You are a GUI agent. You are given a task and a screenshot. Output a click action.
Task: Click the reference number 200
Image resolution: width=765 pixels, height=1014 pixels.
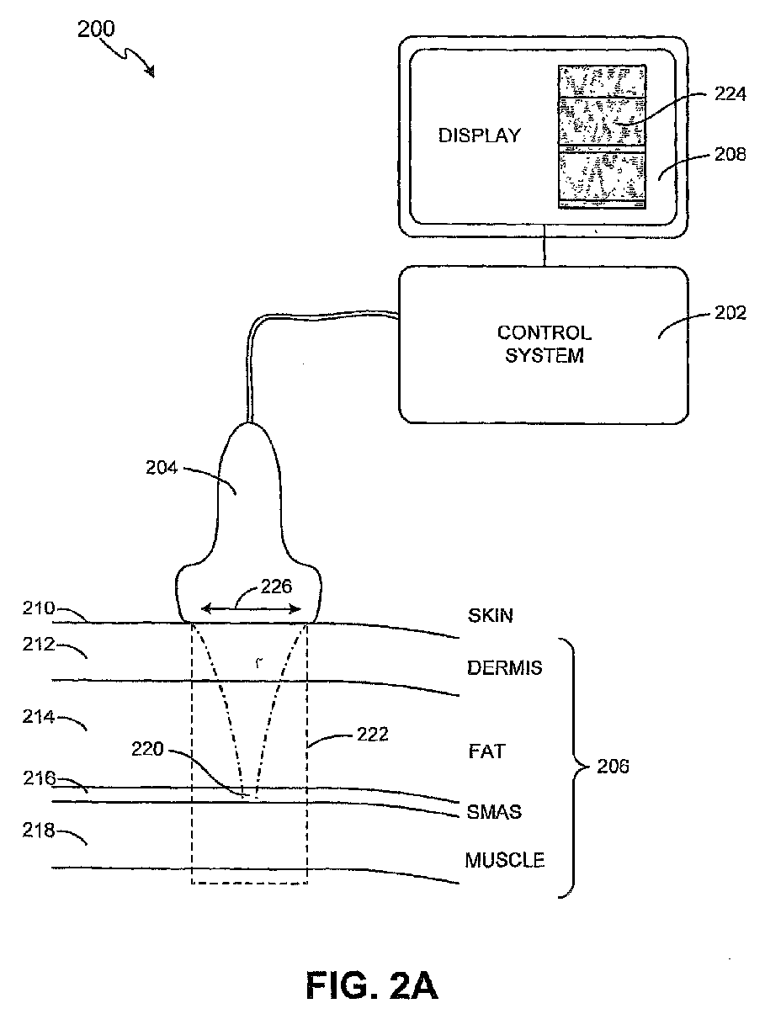96,29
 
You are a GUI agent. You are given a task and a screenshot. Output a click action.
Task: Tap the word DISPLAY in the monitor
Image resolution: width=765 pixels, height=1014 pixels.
480,135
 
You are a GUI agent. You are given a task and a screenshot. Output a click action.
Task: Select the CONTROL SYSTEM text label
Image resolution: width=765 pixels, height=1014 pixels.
545,345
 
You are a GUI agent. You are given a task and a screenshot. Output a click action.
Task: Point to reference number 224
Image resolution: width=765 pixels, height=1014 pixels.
730,93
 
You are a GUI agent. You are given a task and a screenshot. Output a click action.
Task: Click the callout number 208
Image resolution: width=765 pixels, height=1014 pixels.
730,154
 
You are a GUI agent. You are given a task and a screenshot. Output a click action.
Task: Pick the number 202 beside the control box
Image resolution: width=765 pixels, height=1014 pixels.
730,313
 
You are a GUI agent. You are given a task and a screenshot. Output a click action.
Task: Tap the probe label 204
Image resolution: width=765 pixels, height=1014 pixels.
162,468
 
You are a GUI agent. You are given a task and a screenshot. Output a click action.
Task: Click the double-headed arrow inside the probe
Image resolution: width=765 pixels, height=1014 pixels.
251,609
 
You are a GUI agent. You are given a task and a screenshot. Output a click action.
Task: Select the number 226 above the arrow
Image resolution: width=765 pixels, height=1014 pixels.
276,587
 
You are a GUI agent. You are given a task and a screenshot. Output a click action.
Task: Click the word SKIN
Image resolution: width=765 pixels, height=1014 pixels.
490,616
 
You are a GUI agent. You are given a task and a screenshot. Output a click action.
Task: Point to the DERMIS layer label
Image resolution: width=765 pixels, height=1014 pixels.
504,668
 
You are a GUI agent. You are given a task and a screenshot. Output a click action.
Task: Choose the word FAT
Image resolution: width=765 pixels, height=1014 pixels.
487,751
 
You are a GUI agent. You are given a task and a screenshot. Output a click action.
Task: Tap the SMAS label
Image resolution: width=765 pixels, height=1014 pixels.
494,812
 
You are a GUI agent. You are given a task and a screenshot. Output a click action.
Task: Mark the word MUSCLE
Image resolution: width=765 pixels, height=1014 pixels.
504,860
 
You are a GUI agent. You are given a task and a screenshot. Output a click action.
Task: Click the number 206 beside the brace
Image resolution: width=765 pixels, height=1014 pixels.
613,767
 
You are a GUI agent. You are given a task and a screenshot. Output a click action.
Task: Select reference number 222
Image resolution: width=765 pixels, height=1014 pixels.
372,735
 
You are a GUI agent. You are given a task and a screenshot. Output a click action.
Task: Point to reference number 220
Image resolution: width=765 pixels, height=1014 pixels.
147,749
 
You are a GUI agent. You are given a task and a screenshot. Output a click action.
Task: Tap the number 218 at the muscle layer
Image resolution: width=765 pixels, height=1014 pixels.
39,831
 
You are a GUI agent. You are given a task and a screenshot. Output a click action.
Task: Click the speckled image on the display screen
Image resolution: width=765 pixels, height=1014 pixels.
602,136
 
